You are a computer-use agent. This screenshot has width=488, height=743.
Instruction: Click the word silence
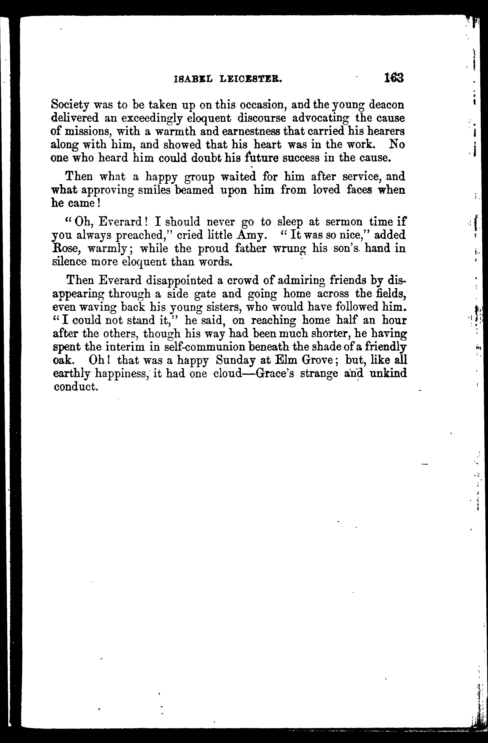(x=68, y=262)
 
